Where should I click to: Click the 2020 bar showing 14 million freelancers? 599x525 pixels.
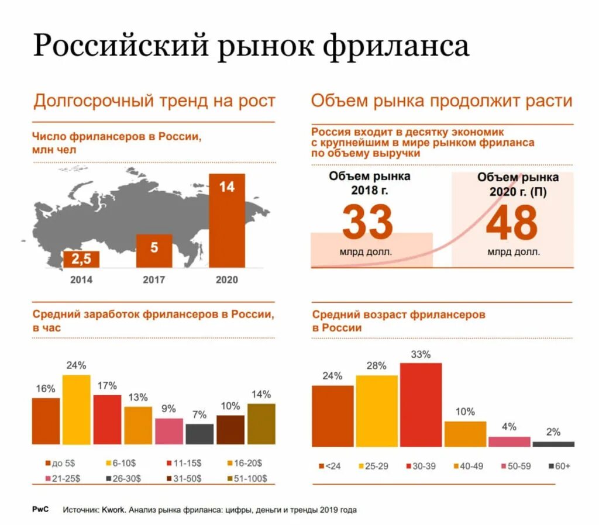pyautogui.click(x=226, y=221)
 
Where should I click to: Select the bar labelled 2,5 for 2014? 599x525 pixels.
pyautogui.click(x=81, y=259)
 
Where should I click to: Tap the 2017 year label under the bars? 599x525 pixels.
pyautogui.click(x=154, y=279)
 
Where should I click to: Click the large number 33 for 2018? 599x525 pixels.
pyautogui.click(x=367, y=223)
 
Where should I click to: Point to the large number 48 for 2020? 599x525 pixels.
pyautogui.click(x=511, y=223)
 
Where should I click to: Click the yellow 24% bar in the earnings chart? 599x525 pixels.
pyautogui.click(x=77, y=409)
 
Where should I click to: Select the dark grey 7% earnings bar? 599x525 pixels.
pyautogui.click(x=199, y=434)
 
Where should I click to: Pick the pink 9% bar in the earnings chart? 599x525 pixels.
pyautogui.click(x=168, y=431)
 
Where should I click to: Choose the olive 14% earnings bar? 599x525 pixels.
pyautogui.click(x=261, y=423)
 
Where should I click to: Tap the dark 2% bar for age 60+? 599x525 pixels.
pyautogui.click(x=553, y=444)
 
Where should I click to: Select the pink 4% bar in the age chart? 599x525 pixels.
pyautogui.click(x=509, y=441)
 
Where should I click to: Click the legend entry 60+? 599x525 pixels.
pyautogui.click(x=559, y=466)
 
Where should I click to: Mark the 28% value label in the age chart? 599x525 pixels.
pyautogui.click(x=376, y=366)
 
